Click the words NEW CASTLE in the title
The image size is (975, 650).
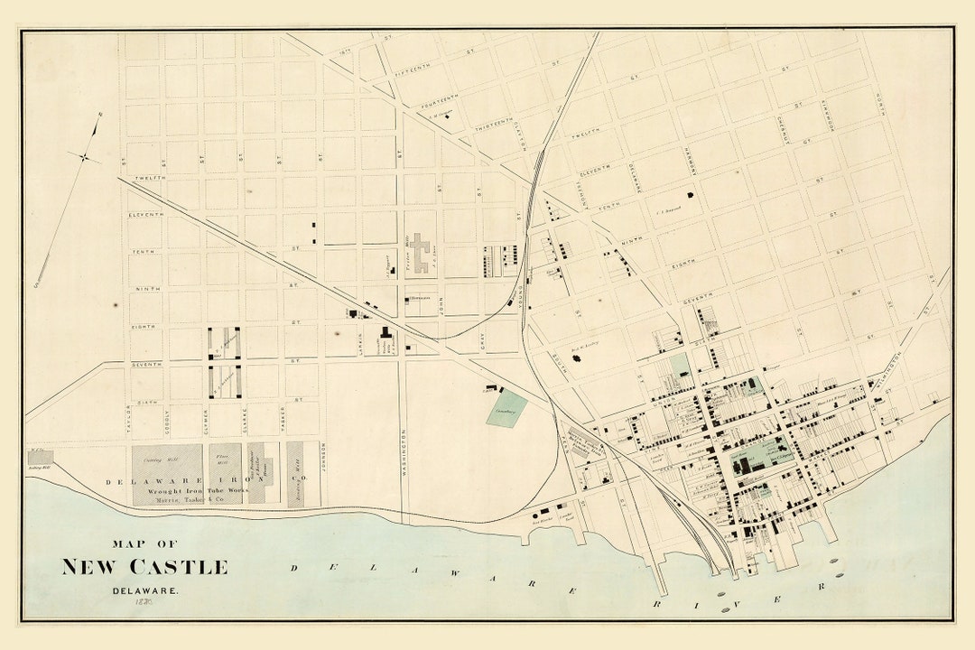tap(144, 567)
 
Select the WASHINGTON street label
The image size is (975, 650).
tap(404, 451)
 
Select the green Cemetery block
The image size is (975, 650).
tap(507, 409)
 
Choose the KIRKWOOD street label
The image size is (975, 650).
tap(824, 117)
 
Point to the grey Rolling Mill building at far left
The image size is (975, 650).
tap(41, 458)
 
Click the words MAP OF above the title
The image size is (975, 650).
tap(144, 543)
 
